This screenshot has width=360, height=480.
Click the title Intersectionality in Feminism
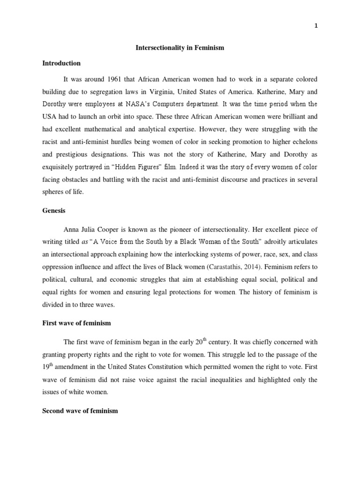pyautogui.click(x=180, y=48)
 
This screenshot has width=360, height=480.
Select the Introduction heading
pyautogui.click(x=61, y=63)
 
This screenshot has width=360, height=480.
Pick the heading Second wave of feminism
pyautogui.click(x=80, y=411)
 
